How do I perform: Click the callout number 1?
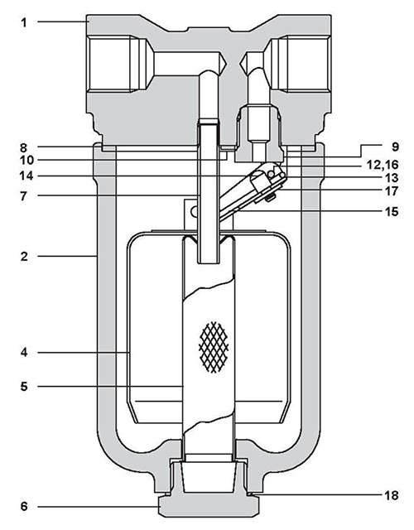pos(25,22)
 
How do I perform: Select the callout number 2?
pos(25,257)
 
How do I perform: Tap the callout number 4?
pos(25,353)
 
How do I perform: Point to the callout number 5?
pos(25,385)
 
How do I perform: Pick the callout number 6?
pos(25,505)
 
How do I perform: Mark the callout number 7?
pos(25,196)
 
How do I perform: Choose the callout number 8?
pos(25,146)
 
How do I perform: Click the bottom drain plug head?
pos(208,507)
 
